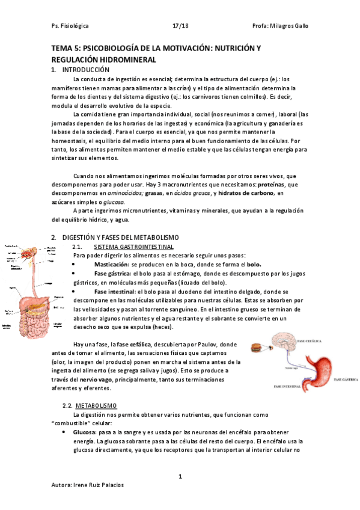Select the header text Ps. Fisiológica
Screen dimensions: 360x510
70,26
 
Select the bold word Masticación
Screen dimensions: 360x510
112,265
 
